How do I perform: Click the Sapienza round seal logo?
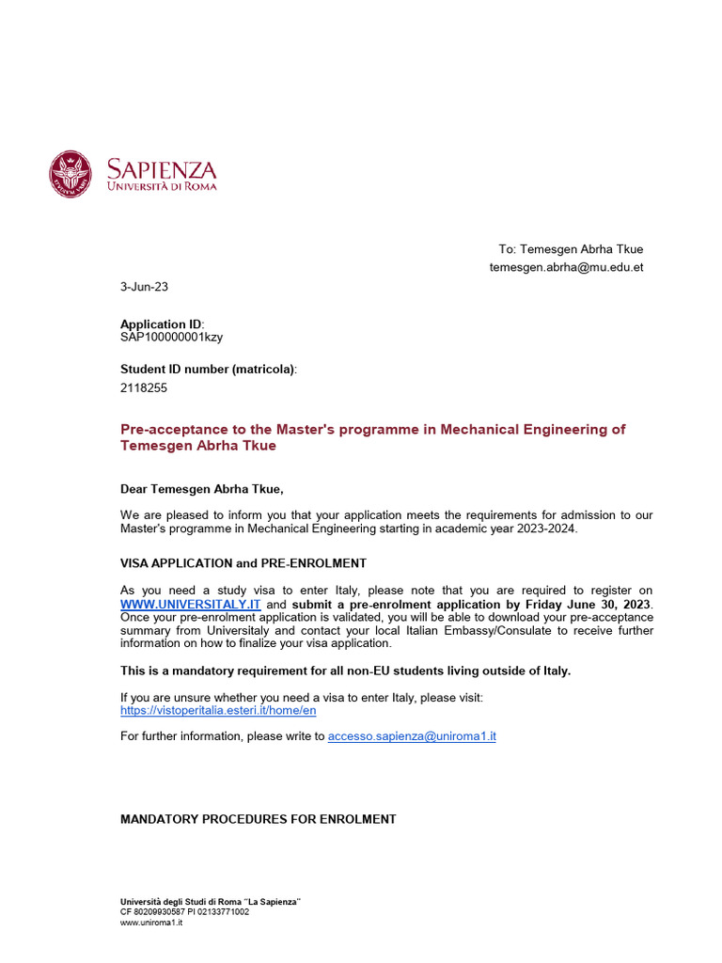tap(72, 174)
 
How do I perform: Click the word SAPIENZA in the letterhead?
tap(161, 169)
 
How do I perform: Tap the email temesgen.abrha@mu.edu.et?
tap(566, 267)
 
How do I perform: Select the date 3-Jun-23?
tap(145, 286)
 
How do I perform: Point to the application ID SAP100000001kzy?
tap(171, 337)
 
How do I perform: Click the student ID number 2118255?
tap(144, 387)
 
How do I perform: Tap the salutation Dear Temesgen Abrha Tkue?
tap(201, 489)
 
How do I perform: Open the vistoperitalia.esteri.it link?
tap(218, 710)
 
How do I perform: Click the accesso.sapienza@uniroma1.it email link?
tap(411, 736)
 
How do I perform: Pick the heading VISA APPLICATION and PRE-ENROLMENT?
tap(243, 563)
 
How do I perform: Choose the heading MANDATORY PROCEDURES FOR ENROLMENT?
tap(259, 819)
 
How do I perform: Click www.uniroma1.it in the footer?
tap(151, 923)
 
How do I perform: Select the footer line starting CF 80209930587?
tap(184, 912)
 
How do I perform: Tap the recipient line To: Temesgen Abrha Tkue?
tap(571, 249)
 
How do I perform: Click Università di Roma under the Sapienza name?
tap(162, 186)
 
